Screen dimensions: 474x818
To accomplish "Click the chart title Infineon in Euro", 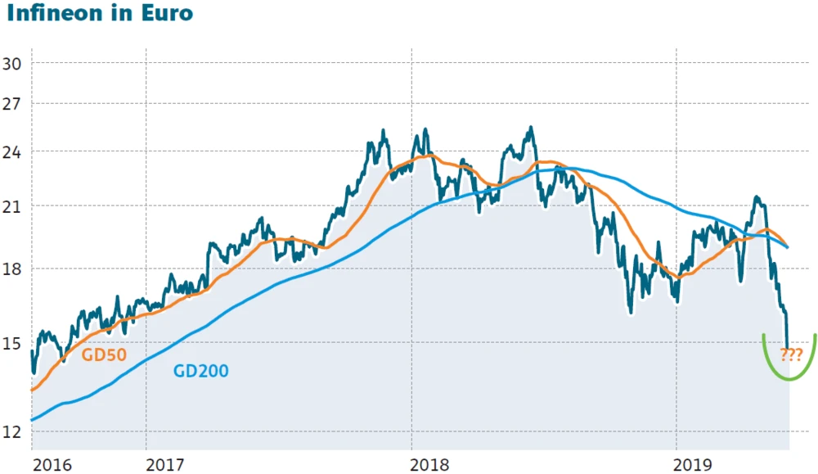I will [x=99, y=15].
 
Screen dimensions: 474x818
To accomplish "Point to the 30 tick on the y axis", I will [x=15, y=64].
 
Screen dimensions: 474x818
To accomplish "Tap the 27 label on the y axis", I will [x=15, y=104].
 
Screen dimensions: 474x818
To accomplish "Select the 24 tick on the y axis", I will [x=15, y=151].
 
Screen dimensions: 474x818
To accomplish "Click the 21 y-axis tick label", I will [x=15, y=205].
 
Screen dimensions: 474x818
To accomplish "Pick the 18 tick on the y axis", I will [x=15, y=269].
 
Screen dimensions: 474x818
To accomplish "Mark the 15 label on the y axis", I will [x=15, y=344].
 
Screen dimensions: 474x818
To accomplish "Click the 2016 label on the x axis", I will [x=52, y=465].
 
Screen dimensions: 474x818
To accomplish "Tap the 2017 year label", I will [x=167, y=465].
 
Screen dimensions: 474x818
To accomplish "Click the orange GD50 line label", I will [x=106, y=354].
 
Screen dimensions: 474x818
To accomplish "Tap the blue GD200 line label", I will [x=200, y=371].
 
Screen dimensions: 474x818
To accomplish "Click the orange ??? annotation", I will [x=790, y=354].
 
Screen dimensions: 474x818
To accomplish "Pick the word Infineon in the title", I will [x=59, y=15].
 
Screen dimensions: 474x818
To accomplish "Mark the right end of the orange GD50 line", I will [x=788, y=246].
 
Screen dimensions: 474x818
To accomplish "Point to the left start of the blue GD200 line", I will [x=32, y=420].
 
